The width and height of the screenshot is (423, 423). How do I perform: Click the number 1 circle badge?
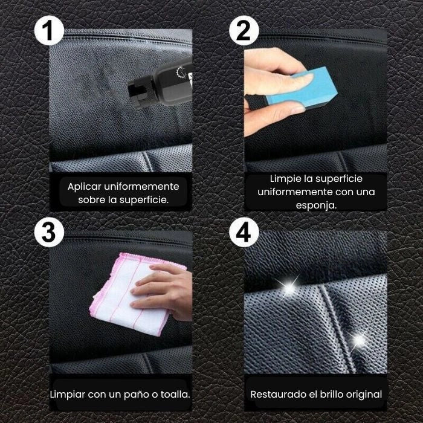pyautogui.click(x=50, y=30)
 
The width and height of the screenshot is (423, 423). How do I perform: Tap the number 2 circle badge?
pyautogui.click(x=244, y=30)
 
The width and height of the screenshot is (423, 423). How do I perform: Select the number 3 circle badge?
pyautogui.click(x=50, y=233)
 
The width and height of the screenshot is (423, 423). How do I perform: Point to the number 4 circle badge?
pyautogui.click(x=244, y=233)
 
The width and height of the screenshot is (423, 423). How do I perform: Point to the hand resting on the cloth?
pyautogui.click(x=163, y=290)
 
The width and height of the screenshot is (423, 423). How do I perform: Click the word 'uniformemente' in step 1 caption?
pyautogui.click(x=141, y=186)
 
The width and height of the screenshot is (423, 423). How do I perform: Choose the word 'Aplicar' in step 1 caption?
pyautogui.click(x=84, y=186)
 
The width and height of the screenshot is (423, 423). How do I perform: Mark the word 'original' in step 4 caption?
pyautogui.click(x=363, y=395)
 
